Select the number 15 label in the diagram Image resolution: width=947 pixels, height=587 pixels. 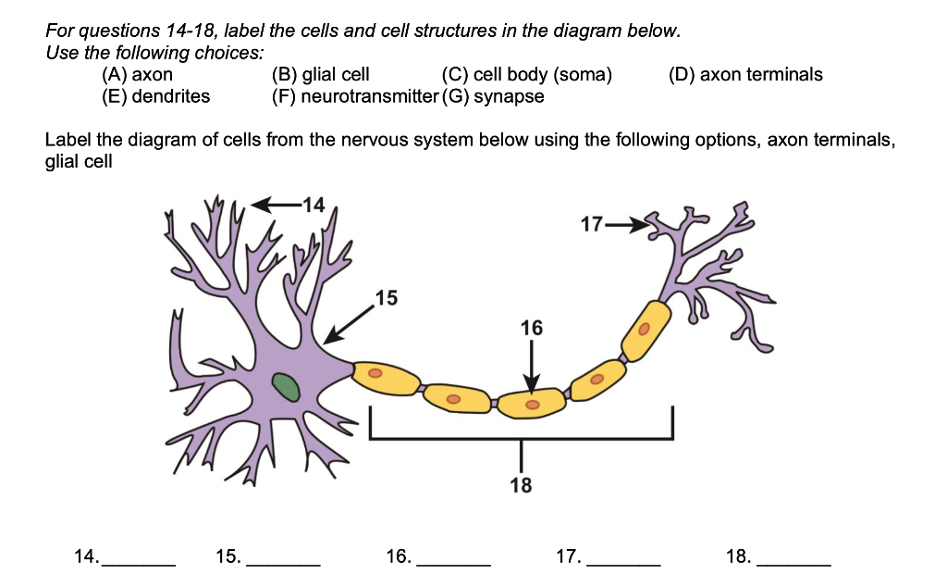coord(387,297)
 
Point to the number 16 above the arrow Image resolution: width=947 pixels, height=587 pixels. coord(532,328)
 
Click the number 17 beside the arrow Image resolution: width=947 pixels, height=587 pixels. coord(592,224)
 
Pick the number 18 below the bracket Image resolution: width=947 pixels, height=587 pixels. coord(521,484)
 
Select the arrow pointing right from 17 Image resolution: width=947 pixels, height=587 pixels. coord(627,224)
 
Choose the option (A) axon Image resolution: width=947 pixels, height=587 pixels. coord(137,75)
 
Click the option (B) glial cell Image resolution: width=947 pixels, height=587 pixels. coord(319,75)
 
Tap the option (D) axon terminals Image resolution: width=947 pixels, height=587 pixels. coord(744,75)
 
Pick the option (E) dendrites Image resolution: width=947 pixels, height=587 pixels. coord(155,96)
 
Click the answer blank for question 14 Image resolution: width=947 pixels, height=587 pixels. coord(137,558)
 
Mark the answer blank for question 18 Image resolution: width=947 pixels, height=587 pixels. coord(793,558)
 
